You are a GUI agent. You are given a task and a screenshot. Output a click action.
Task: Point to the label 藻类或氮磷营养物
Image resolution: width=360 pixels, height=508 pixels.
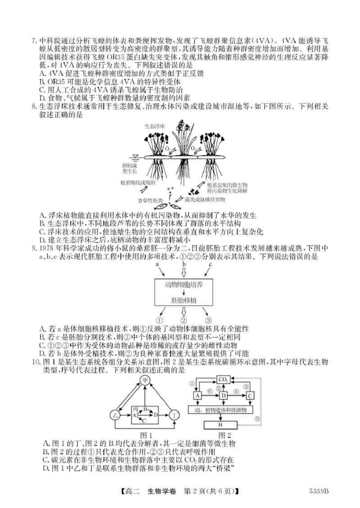(x=203, y=199)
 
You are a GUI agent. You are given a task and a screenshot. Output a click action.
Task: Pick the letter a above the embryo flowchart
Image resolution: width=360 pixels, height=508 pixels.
(x=157, y=265)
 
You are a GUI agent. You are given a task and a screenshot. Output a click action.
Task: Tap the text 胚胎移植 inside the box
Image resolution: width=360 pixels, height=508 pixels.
(x=184, y=299)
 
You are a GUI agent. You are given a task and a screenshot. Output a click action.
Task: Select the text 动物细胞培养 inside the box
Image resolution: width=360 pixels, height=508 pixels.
(x=184, y=285)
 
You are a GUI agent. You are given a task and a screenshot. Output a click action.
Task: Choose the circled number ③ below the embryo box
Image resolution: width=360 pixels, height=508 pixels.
(x=208, y=321)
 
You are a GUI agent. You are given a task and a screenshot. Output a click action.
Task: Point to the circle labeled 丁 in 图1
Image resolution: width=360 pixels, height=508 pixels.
(x=175, y=415)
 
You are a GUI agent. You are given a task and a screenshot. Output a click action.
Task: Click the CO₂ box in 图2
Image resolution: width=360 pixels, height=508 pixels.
(x=224, y=379)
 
